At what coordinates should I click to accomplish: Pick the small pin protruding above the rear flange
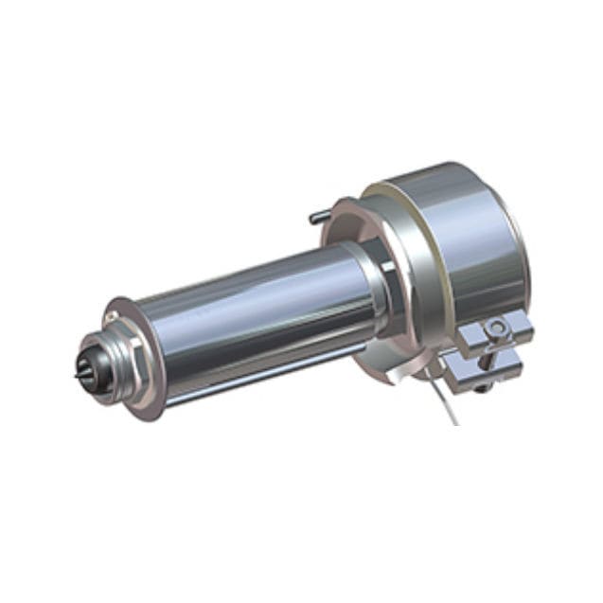pos(316,217)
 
